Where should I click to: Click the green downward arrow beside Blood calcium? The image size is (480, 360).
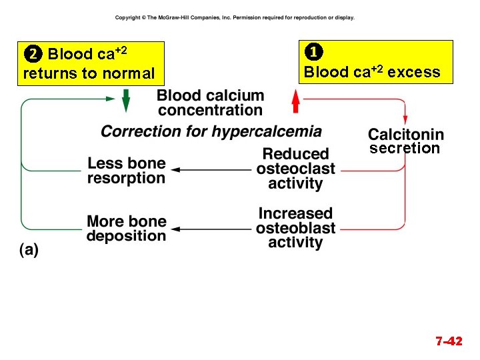126,101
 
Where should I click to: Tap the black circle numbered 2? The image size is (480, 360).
32,54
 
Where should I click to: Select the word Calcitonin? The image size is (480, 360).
405,134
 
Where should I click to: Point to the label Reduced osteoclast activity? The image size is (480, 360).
295,168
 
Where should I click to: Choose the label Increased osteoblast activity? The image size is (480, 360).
295,228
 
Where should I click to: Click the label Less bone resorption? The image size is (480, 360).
127,171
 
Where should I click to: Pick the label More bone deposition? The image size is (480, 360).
127,228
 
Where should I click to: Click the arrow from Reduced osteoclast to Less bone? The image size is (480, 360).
214,170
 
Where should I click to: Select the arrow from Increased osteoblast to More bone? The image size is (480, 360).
214,230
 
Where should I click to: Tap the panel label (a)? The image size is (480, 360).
29,250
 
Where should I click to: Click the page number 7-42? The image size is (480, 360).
449,341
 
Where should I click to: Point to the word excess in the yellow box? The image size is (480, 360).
414,72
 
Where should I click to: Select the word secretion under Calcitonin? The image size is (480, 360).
405,148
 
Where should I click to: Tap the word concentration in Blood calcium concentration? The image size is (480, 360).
211,110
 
